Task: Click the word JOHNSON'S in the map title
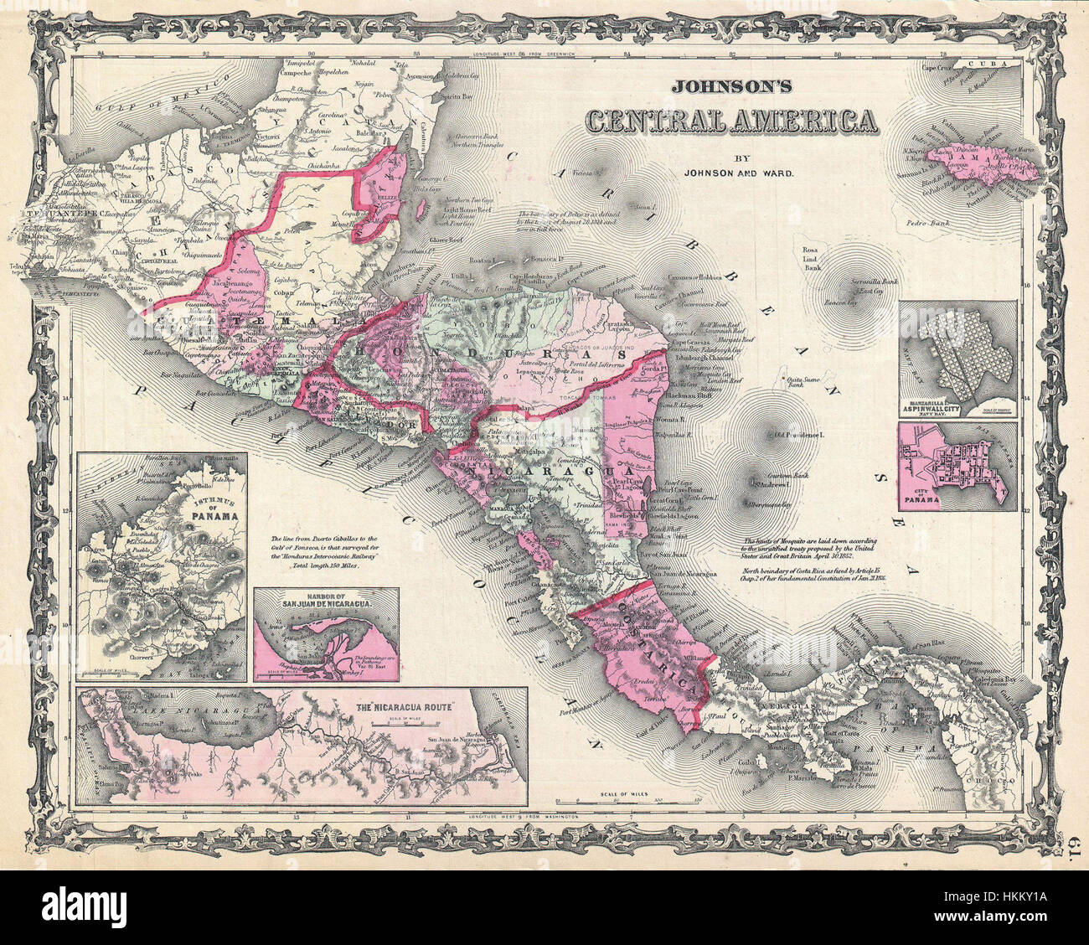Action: [730, 86]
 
